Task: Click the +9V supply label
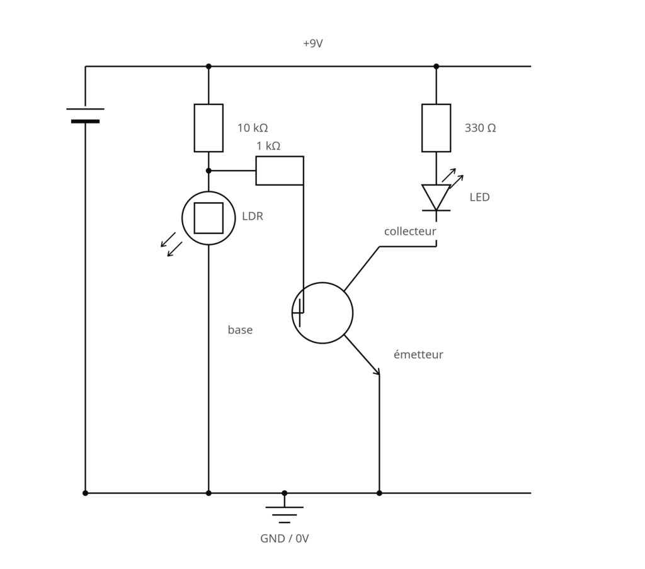pyautogui.click(x=312, y=43)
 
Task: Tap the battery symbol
pyautogui.click(x=85, y=115)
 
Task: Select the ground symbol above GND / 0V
pyautogui.click(x=284, y=515)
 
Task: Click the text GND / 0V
pyautogui.click(x=284, y=539)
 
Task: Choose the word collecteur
pyautogui.click(x=409, y=232)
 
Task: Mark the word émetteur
pyautogui.click(x=418, y=354)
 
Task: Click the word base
pyautogui.click(x=240, y=330)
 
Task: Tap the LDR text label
pyautogui.click(x=253, y=217)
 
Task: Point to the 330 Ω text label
pyautogui.click(x=480, y=128)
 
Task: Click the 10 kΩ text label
pyautogui.click(x=253, y=128)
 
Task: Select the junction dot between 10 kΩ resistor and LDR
pyautogui.click(x=208, y=171)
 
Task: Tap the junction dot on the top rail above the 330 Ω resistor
pyautogui.click(x=436, y=66)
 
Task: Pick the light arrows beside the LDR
pyautogui.click(x=171, y=244)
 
